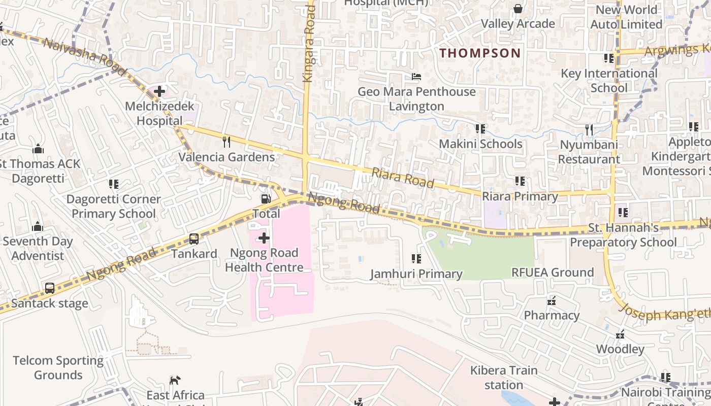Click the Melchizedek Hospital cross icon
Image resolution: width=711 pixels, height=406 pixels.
159,91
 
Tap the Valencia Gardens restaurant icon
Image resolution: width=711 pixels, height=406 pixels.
227,142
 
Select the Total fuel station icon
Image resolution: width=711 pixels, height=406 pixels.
265,199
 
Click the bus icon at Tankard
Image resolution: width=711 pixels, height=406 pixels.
194,239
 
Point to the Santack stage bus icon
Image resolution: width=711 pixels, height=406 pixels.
50,288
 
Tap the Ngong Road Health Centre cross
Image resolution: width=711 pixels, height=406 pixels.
264,238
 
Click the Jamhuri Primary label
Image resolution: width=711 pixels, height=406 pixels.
416,274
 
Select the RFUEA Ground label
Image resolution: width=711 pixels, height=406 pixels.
553,273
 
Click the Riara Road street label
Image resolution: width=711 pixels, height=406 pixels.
403,178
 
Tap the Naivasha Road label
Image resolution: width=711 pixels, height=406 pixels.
84,56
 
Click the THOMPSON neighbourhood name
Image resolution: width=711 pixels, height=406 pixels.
480,53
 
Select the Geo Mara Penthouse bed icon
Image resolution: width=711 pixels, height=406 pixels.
416,77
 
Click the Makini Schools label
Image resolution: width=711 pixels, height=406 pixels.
480,144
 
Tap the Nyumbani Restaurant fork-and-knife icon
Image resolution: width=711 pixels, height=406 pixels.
589,130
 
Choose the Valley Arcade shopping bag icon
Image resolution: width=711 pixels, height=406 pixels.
518,9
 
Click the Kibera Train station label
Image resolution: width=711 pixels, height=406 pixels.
503,378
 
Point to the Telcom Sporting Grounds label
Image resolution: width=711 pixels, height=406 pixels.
58,368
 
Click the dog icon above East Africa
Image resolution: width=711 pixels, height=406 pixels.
175,380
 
